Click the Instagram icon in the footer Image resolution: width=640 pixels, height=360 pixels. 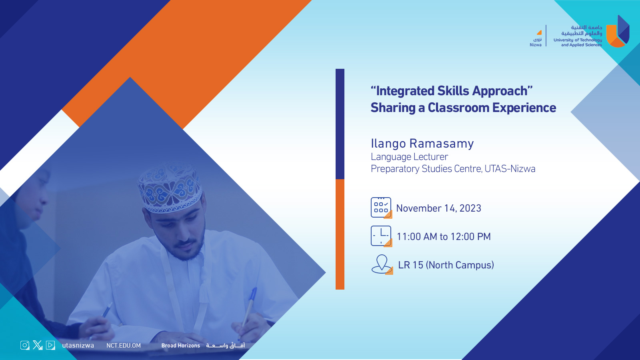pos(25,345)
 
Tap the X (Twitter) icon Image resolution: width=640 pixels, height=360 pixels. pos(38,345)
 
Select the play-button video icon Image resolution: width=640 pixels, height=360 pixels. pos(50,345)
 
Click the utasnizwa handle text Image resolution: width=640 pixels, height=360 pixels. pos(78,346)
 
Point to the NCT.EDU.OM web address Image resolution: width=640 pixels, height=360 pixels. pos(124,346)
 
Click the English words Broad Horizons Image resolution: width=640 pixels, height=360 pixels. pos(180,346)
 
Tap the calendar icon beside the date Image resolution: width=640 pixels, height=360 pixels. pos(381,208)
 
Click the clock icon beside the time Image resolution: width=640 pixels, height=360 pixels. pos(381,236)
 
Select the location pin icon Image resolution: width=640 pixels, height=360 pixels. pos(382,264)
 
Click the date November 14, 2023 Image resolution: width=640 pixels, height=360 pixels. pos(438,208)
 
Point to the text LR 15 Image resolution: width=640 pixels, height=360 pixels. pos(410,265)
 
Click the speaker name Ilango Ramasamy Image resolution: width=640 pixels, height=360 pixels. pos(422,144)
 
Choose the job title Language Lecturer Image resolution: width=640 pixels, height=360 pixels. pos(409,157)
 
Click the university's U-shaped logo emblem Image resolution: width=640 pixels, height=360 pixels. pos(618,32)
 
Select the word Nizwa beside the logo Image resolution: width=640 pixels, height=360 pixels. pos(536,45)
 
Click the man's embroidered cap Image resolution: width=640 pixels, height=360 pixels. pos(170,188)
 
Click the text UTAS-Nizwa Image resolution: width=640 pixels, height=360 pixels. pos(510,169)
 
